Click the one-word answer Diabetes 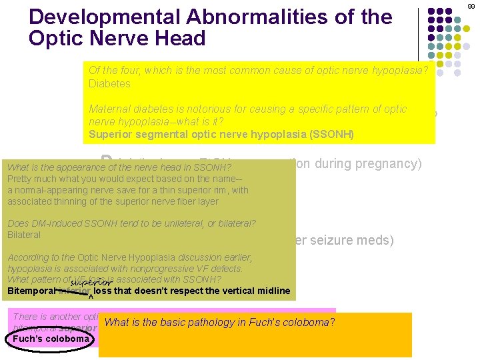[109, 84]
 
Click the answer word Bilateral [24, 235]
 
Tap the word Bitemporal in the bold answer [31, 291]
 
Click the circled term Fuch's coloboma [51, 339]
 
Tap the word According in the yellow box [29, 257]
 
